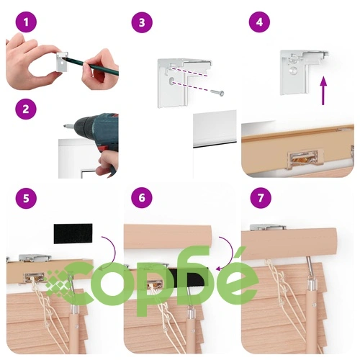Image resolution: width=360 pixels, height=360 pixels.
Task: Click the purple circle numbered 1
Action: click(x=26, y=22)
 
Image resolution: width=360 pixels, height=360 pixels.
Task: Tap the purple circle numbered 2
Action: click(x=26, y=109)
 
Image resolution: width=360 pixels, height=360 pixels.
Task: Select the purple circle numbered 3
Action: click(x=142, y=22)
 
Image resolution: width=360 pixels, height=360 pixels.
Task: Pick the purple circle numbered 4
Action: click(x=259, y=22)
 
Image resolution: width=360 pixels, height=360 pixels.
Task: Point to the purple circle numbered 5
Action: click(x=26, y=198)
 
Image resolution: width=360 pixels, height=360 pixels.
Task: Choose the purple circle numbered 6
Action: click(x=142, y=198)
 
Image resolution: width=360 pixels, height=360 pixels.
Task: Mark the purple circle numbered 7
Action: click(x=261, y=198)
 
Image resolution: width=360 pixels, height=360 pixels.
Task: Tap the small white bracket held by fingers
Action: click(x=62, y=62)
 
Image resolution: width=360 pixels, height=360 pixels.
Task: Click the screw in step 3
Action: click(x=217, y=93)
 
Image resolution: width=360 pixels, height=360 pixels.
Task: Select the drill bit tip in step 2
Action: click(x=65, y=125)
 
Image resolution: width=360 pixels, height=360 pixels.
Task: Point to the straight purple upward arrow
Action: click(x=323, y=91)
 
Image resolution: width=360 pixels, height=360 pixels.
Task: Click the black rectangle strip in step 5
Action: click(x=73, y=233)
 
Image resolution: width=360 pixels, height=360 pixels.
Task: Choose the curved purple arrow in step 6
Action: click(x=225, y=253)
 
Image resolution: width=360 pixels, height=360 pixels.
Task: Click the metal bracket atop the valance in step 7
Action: click(x=268, y=228)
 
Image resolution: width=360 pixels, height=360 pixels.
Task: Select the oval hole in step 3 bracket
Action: click(x=172, y=81)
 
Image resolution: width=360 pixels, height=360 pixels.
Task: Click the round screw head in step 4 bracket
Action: click(x=294, y=71)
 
